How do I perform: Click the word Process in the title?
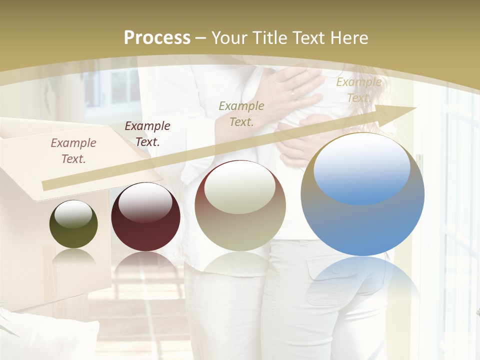click(157, 37)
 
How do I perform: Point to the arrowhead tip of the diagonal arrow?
click(416, 108)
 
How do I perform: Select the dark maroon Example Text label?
click(147, 134)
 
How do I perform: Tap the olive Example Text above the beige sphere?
click(241, 113)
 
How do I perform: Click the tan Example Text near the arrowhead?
click(359, 90)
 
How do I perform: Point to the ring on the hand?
click(293, 93)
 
